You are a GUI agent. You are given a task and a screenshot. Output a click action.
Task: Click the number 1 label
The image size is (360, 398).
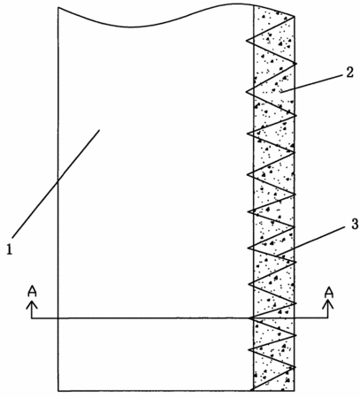pos(10,250)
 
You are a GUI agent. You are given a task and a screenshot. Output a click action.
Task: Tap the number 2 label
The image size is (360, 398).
pos(349,73)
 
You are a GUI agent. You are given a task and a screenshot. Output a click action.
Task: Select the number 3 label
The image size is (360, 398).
pos(355,224)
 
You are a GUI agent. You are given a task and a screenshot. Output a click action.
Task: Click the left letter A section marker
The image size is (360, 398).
pos(32,291)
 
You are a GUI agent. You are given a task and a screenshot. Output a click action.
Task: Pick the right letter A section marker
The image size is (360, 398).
pos(329,292)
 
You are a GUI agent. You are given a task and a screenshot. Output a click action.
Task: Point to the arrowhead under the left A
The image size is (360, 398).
pos(32,305)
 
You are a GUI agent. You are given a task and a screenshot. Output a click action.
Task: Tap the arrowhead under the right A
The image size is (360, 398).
pos(328,305)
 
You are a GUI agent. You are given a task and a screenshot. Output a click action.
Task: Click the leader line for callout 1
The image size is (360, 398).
pos(56,183)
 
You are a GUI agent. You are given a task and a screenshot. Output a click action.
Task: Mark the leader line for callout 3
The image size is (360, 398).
pos(311,241)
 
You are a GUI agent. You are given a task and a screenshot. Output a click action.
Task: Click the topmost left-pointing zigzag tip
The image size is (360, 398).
pos(247,40)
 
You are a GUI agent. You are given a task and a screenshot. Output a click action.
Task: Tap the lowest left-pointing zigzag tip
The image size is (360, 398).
pos(249,350)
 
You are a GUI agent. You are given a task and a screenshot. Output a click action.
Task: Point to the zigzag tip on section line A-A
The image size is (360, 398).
pos(249,318)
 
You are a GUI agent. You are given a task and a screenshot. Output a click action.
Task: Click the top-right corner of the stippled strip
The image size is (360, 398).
pos(295,16)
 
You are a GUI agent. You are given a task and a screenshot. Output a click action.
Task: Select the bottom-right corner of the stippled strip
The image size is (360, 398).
pos(294,391)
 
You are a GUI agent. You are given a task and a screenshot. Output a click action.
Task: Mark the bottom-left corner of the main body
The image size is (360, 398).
pos(58,391)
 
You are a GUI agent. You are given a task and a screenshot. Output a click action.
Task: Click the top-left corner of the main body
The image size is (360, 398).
pos(58,7)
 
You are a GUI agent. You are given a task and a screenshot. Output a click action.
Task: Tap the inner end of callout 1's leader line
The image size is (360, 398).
pos(99,129)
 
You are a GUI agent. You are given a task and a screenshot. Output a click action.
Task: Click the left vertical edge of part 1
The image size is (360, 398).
pos(58,199)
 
